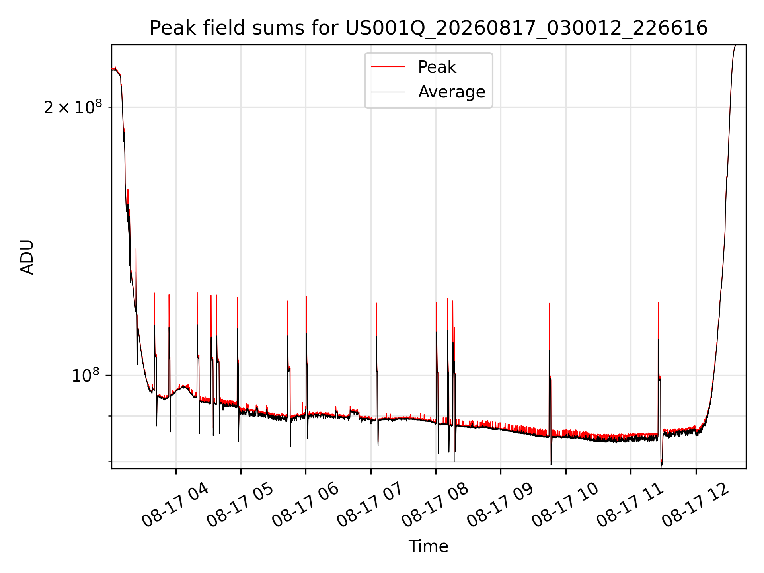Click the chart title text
pos(429,28)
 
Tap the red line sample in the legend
pos(388,67)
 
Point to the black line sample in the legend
pos(388,92)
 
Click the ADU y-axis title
pos(27,257)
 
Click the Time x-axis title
pos(429,546)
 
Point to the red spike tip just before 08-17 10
pos(549,303)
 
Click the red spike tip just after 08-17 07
pos(376,303)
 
